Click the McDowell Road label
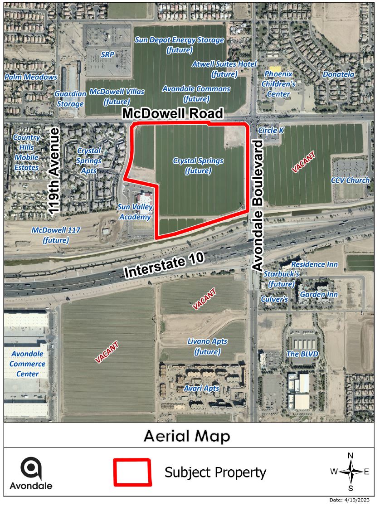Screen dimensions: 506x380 click(173, 113)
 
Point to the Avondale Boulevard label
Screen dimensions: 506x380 click(258, 205)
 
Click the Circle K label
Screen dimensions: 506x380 click(271, 130)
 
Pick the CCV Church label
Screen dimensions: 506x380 click(351, 180)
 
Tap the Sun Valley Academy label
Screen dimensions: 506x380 click(135, 212)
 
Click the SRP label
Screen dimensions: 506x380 click(107, 54)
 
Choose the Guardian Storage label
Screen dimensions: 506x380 click(70, 99)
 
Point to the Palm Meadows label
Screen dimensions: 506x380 click(31, 77)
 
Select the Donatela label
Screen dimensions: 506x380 click(338, 74)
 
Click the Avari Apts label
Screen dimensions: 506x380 click(201, 389)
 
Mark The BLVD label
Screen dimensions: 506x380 click(302, 354)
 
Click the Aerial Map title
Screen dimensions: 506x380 click(187, 436)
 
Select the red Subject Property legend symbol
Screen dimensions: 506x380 click(132, 472)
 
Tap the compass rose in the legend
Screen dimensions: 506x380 click(350, 472)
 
